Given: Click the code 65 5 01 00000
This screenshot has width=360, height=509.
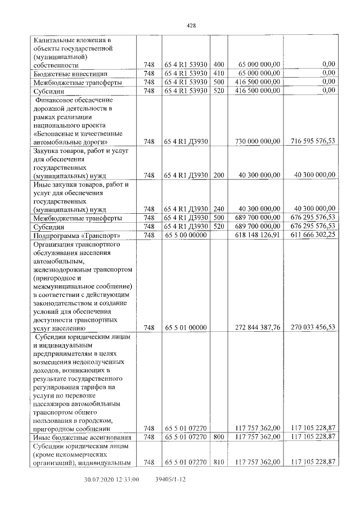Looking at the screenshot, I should click(x=186, y=327).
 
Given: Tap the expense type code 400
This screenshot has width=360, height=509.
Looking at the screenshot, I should click(x=219, y=65).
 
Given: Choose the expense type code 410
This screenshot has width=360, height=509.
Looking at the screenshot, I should click(x=219, y=73).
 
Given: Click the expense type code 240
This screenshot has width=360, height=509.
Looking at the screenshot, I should click(x=219, y=209).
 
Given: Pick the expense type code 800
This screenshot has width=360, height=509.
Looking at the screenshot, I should click(x=219, y=436).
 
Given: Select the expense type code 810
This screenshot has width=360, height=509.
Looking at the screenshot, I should click(x=219, y=462).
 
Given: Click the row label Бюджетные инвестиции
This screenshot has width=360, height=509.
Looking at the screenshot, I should click(x=66, y=74).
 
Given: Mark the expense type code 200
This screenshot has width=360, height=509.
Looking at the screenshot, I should click(x=219, y=175).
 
